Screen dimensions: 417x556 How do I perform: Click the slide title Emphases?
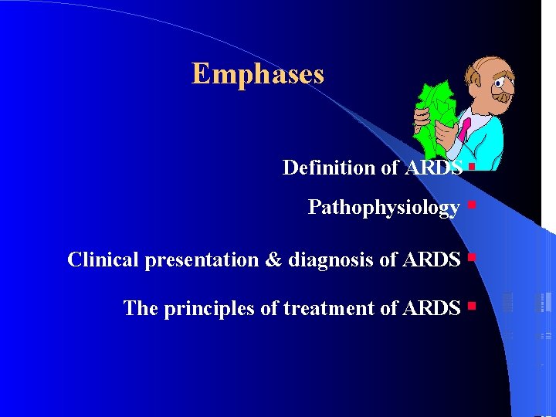258,74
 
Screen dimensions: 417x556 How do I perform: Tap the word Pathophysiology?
384,208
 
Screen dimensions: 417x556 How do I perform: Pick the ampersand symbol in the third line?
273,260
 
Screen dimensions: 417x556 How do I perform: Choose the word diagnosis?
331,260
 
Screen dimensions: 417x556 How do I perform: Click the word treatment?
324,309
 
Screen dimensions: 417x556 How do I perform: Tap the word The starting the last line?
140,309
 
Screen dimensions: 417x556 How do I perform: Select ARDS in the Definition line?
433,168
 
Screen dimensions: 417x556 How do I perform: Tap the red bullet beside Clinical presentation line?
470,256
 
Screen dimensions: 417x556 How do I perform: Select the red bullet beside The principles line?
470,307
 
